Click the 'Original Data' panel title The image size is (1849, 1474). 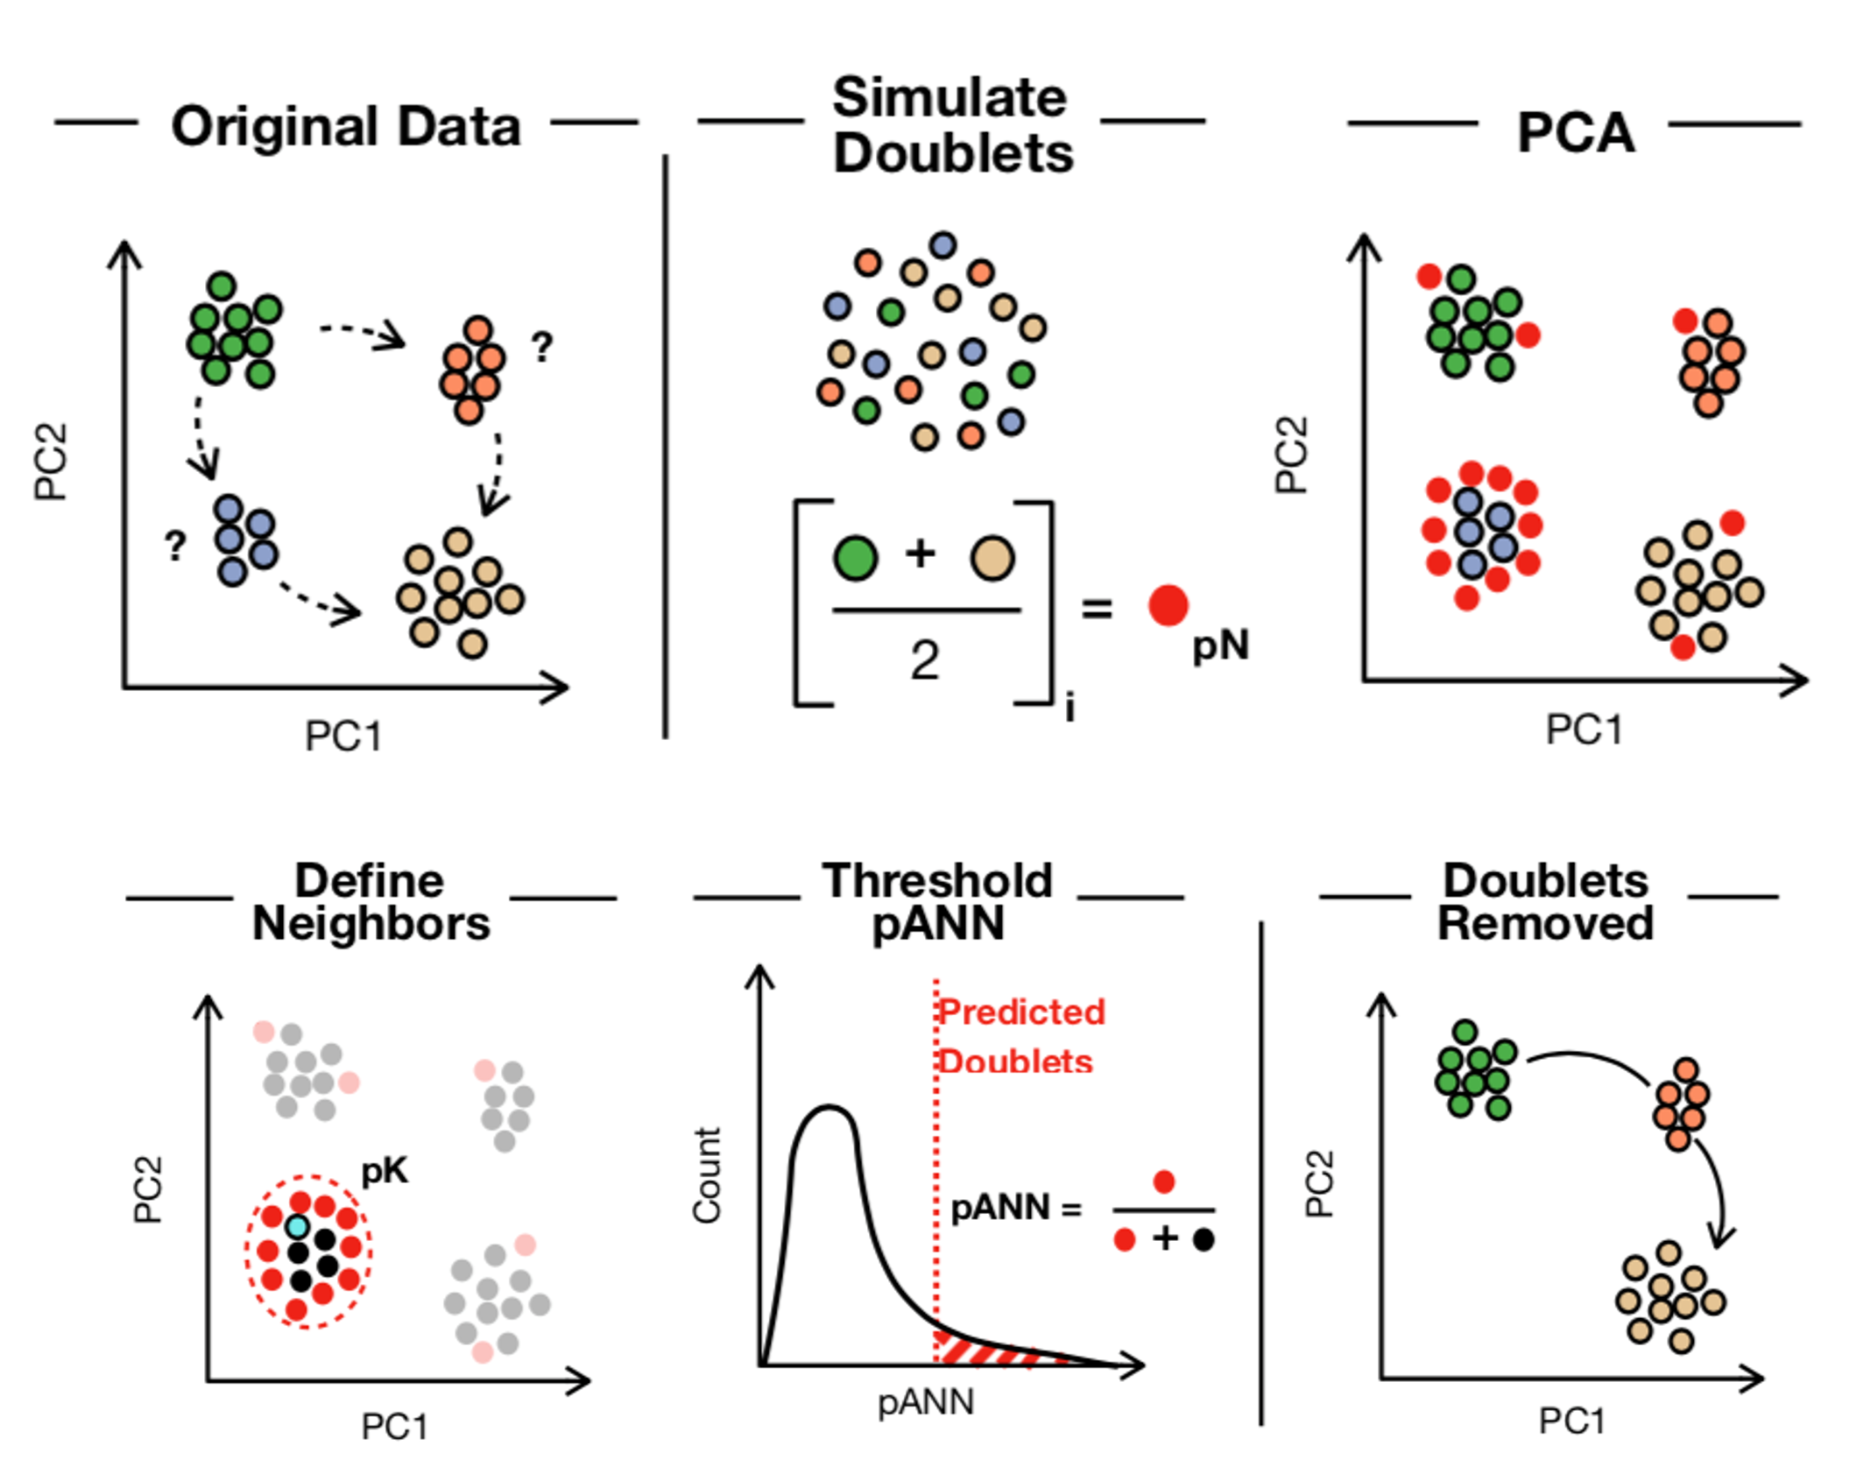pos(346,127)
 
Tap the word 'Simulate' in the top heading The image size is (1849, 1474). pos(949,97)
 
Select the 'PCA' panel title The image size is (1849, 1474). pos(1575,133)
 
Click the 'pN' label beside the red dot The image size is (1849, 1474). pos(1220,646)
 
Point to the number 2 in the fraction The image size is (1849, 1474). pos(925,660)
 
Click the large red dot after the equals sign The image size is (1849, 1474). pos(1168,605)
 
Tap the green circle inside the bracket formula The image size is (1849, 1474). pos(855,558)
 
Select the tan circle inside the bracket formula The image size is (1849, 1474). pos(992,558)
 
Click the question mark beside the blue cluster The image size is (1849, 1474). pos(176,547)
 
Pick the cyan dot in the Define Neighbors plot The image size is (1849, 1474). pos(298,1226)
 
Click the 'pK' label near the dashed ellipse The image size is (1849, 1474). pos(385,1171)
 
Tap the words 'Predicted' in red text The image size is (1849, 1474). pos(1022,1012)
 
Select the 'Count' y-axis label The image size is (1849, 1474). pos(707,1175)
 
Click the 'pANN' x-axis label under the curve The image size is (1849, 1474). pos(926,1403)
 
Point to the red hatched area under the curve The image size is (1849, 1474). pos(990,1350)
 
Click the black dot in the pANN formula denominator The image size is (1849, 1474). pos(1203,1239)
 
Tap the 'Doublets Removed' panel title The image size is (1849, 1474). pos(1545,902)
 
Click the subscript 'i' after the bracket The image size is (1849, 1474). pos(1069,708)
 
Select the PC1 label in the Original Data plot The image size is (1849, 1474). pos(342,736)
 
